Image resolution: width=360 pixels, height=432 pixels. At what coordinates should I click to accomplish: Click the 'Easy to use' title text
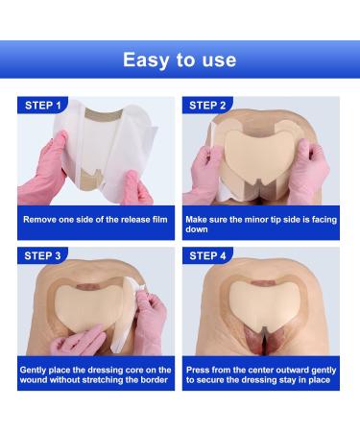pyautogui.click(x=180, y=60)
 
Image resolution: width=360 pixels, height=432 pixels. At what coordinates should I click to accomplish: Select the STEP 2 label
pyautogui.click(x=207, y=106)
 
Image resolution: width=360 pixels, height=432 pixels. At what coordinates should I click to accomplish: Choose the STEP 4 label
pyautogui.click(x=207, y=256)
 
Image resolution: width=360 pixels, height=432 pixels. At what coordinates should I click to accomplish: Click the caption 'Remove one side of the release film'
pyautogui.click(x=96, y=220)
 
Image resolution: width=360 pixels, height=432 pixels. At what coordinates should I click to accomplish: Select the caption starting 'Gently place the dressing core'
pyautogui.click(x=96, y=375)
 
